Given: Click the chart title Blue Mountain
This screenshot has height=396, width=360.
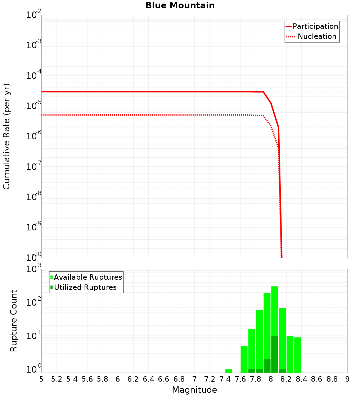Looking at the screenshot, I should point(180,5).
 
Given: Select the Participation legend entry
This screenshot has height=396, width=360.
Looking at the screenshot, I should point(315,26).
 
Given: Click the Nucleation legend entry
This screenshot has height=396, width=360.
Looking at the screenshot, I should point(316,36).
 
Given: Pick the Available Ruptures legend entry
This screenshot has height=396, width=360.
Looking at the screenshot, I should point(87,277).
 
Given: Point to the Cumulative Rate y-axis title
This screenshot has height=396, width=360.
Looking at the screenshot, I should point(6,136).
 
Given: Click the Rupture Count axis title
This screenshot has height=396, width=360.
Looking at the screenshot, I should point(14,320).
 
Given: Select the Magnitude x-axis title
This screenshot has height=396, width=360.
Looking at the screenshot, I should point(194,390).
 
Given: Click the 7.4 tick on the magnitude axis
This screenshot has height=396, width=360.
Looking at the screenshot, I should point(225,379).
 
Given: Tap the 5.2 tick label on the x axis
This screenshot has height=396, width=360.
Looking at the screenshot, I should point(57,379).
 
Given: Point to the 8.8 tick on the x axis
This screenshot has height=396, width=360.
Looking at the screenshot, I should point(332,379).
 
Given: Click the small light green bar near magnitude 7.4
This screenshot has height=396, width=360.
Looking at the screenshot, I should point(229,371).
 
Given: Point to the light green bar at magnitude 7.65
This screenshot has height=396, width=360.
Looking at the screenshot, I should point(244,359).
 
